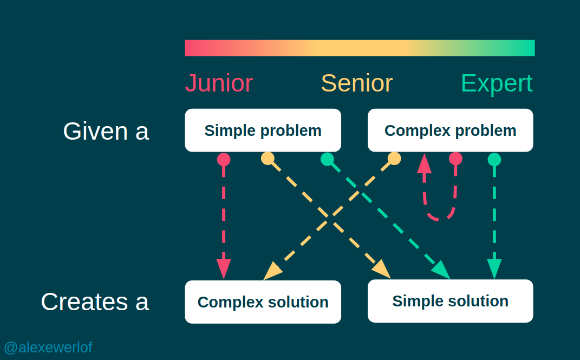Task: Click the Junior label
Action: click(x=219, y=83)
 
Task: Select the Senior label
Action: click(x=357, y=83)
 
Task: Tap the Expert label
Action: click(x=497, y=83)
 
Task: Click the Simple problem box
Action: click(x=263, y=130)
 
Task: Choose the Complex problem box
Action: click(x=450, y=130)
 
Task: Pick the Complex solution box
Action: click(x=263, y=302)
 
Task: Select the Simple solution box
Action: click(x=450, y=301)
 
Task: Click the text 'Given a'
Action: click(x=106, y=131)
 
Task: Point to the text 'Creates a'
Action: click(x=95, y=302)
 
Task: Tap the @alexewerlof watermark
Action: click(x=48, y=347)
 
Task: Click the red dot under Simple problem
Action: click(x=224, y=159)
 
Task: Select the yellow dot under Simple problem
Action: click(x=268, y=158)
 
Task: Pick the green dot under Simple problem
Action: click(x=327, y=159)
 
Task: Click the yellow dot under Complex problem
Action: click(x=394, y=158)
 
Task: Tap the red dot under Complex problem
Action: click(x=456, y=158)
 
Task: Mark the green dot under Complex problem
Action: click(x=494, y=159)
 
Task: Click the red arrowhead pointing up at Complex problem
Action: click(x=424, y=162)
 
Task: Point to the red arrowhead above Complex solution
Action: click(x=224, y=269)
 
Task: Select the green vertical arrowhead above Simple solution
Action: click(x=494, y=269)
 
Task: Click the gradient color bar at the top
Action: click(x=360, y=48)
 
